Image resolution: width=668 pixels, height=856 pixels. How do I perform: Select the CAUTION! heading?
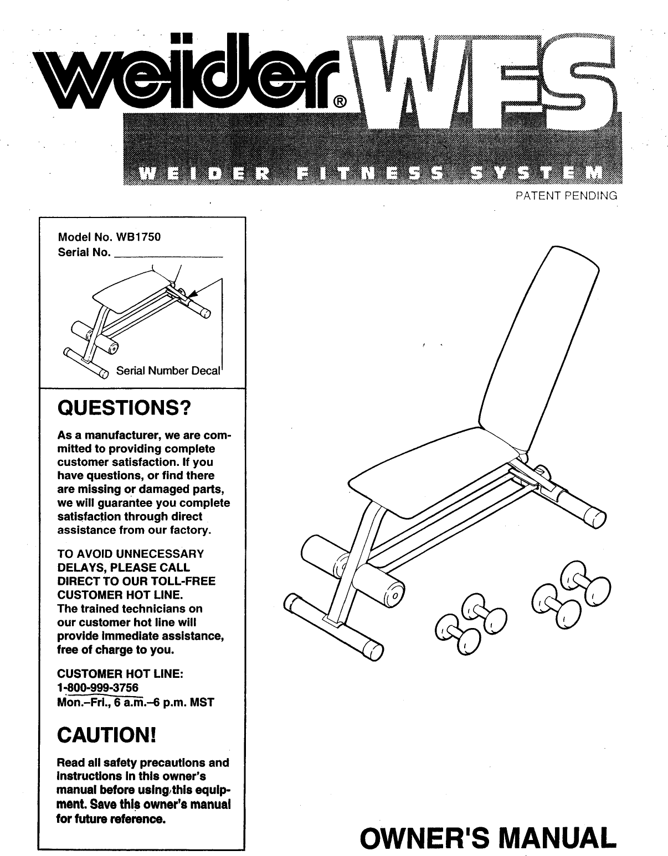(106, 735)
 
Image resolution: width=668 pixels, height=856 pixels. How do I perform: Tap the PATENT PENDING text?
(566, 195)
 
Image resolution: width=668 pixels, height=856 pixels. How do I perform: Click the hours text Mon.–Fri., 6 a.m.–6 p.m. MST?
(136, 703)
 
